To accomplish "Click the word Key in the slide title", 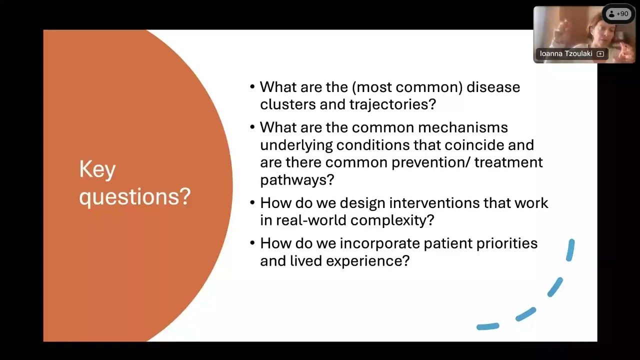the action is pos(97,169).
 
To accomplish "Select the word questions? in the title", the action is pos(135,197).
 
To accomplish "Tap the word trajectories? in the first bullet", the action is pos(392,104).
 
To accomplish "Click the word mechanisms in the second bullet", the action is pos(463,127).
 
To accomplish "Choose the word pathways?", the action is pos(297,180).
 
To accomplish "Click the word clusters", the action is pos(288,104).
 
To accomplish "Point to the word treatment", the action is pos(508,162).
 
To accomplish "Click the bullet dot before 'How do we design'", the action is pos(252,202).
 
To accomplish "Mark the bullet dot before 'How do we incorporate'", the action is pos(252,243).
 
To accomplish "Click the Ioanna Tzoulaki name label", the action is pos(566,53).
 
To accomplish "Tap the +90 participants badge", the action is pos(618,13).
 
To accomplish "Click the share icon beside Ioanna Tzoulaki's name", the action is pos(600,54).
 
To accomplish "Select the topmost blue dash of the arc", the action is pos(570,250).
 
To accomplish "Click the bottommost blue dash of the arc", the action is pos(488,326).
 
